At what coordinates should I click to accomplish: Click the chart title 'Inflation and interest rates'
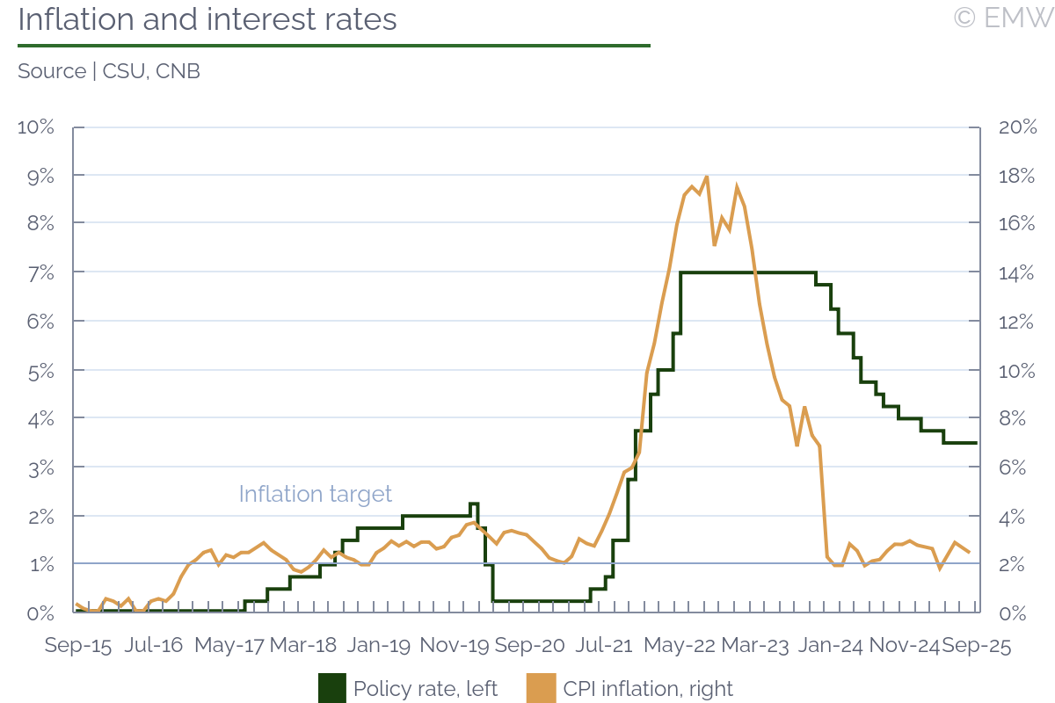click(207, 20)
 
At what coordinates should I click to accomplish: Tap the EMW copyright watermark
click(1003, 18)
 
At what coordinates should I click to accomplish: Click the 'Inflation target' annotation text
click(316, 494)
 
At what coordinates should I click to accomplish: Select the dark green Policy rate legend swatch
click(332, 688)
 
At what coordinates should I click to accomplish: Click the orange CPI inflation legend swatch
click(542, 688)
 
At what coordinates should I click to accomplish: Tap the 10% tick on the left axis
click(36, 127)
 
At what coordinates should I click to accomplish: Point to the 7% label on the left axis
click(40, 273)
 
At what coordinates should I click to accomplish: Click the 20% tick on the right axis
click(1018, 127)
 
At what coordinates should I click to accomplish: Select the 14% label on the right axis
click(1018, 273)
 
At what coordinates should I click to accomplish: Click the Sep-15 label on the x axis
click(78, 646)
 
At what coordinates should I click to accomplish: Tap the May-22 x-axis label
click(680, 646)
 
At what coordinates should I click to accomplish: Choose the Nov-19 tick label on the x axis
click(455, 646)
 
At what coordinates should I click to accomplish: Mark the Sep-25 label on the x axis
click(976, 646)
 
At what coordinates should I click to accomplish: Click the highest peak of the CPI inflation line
click(707, 177)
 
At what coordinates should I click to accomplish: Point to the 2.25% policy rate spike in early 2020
click(474, 504)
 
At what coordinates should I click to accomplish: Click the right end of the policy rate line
click(977, 443)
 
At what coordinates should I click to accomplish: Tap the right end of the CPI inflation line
click(969, 552)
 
